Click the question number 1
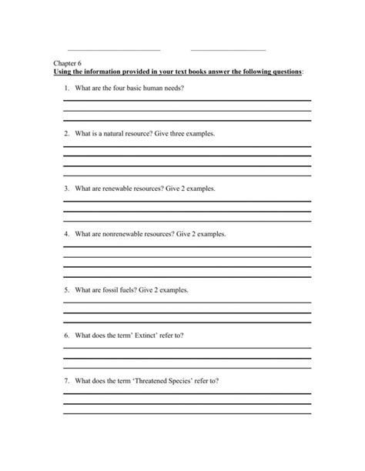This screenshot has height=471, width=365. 67,89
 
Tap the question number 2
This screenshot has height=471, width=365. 67,134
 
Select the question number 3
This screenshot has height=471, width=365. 67,189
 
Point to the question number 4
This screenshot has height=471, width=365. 67,234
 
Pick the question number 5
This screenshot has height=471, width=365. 67,290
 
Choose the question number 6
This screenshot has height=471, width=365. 67,336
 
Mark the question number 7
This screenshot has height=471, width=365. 67,381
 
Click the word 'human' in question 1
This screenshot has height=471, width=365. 153,89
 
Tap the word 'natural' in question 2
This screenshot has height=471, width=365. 117,134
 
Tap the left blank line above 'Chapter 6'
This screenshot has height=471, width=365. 114,50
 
